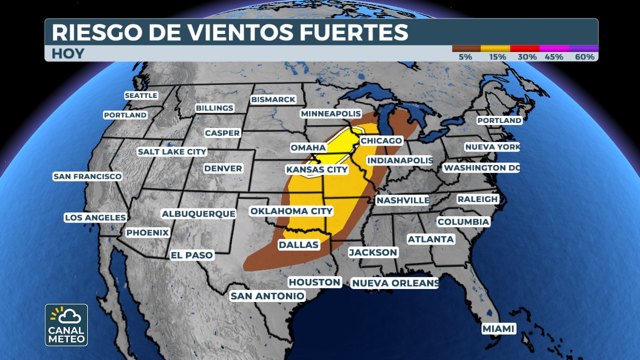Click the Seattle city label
[x=141, y=95]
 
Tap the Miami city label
[x=498, y=329]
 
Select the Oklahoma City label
[x=291, y=211]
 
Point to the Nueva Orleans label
[x=395, y=283]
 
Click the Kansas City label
[x=317, y=169]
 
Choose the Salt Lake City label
[x=172, y=151]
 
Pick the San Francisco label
[x=87, y=176]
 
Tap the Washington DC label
[x=481, y=168]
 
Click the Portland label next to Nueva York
[x=499, y=120]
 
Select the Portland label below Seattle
[x=125, y=115]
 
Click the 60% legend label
[x=584, y=57]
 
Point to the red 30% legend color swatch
[x=525, y=48]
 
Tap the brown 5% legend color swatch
[x=466, y=48]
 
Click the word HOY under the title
[x=68, y=54]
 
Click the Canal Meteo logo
[x=66, y=325]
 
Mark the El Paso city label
[x=192, y=255]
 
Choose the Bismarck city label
[x=273, y=99]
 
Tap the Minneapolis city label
[x=330, y=114]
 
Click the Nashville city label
[x=402, y=200]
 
